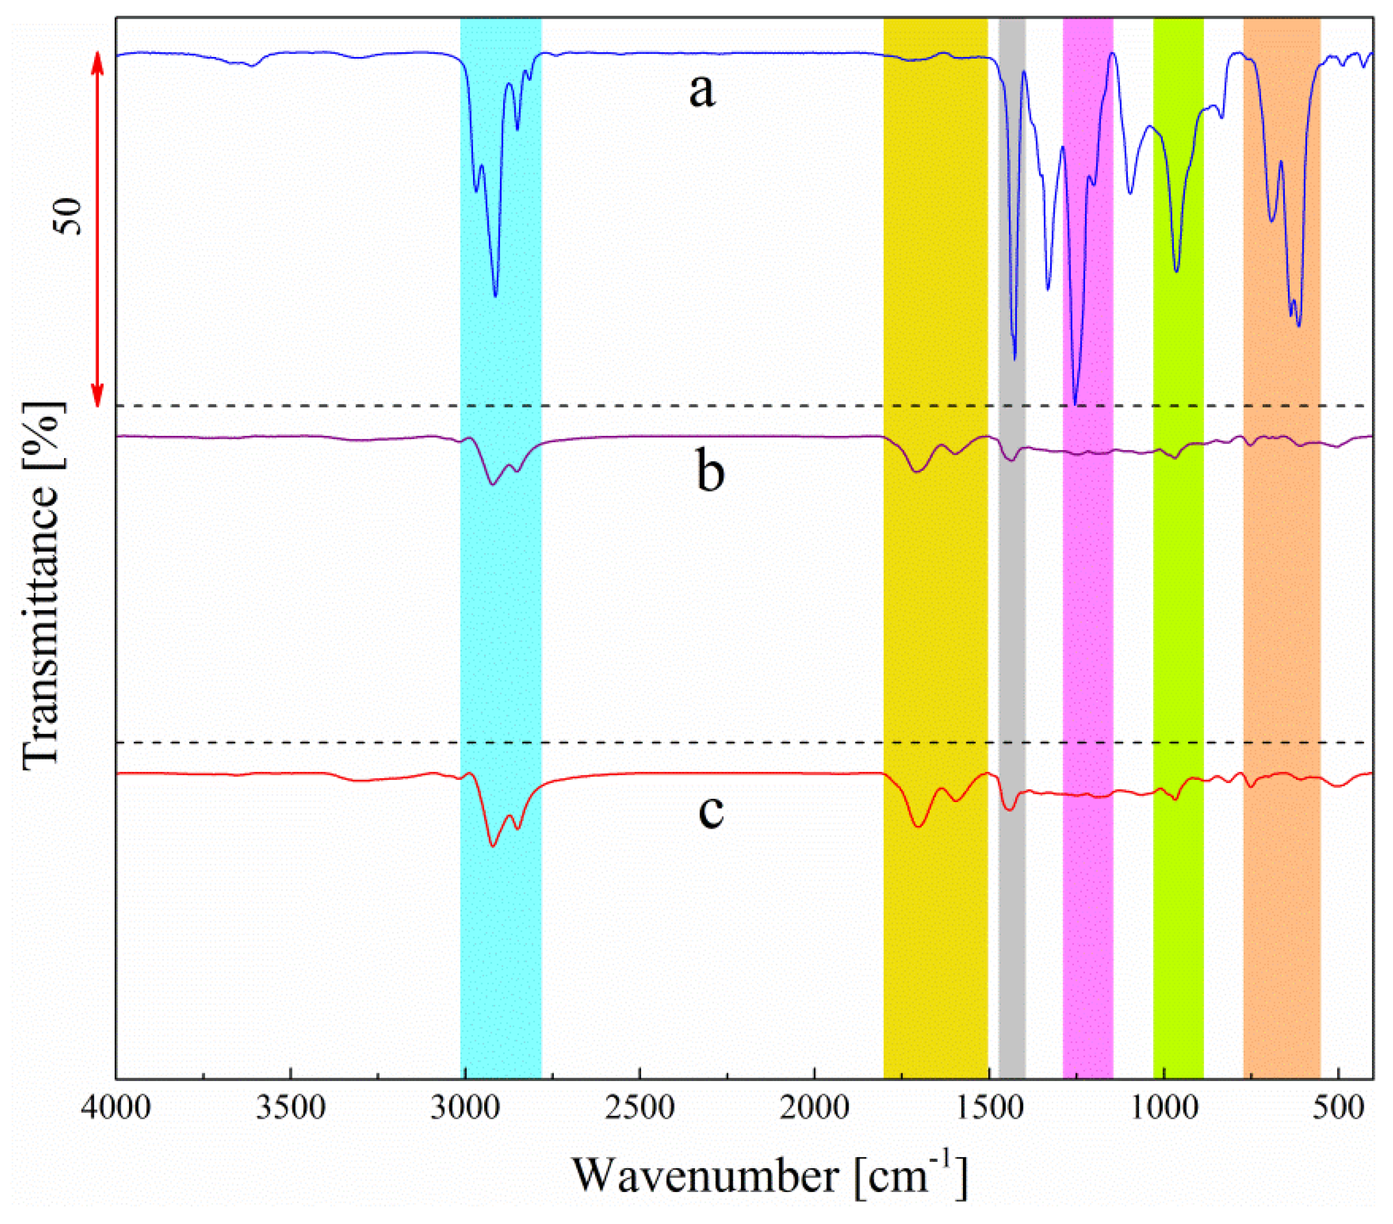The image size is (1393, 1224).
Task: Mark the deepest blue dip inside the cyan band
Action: (496, 296)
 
